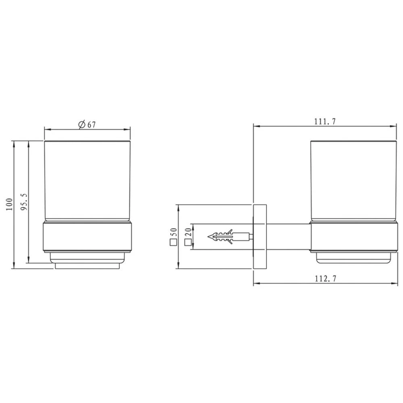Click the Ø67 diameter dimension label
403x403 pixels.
(x=87, y=125)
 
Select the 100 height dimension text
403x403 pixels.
(x=9, y=205)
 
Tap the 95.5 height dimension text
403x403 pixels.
(x=24, y=202)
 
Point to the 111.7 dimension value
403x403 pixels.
(x=325, y=121)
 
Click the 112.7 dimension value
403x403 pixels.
(x=325, y=278)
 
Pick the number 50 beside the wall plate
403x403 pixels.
(x=174, y=232)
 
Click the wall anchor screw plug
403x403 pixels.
(x=230, y=237)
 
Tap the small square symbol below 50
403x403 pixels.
(x=174, y=242)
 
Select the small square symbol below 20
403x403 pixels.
(x=188, y=242)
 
